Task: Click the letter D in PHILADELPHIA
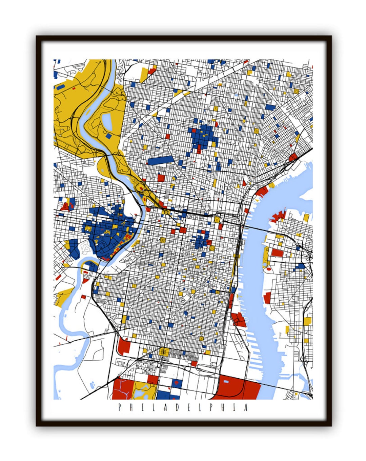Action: click(177, 407)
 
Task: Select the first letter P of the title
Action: click(120, 407)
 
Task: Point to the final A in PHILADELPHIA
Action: click(246, 407)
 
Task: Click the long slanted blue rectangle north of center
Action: click(160, 160)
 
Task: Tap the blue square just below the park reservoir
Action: click(108, 136)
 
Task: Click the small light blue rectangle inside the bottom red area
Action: click(226, 382)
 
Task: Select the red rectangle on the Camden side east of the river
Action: click(277, 253)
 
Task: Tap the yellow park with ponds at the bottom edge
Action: click(144, 390)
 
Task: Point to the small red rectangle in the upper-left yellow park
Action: click(74, 88)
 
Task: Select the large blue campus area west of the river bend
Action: click(108, 230)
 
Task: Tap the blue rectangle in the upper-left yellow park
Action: click(60, 87)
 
